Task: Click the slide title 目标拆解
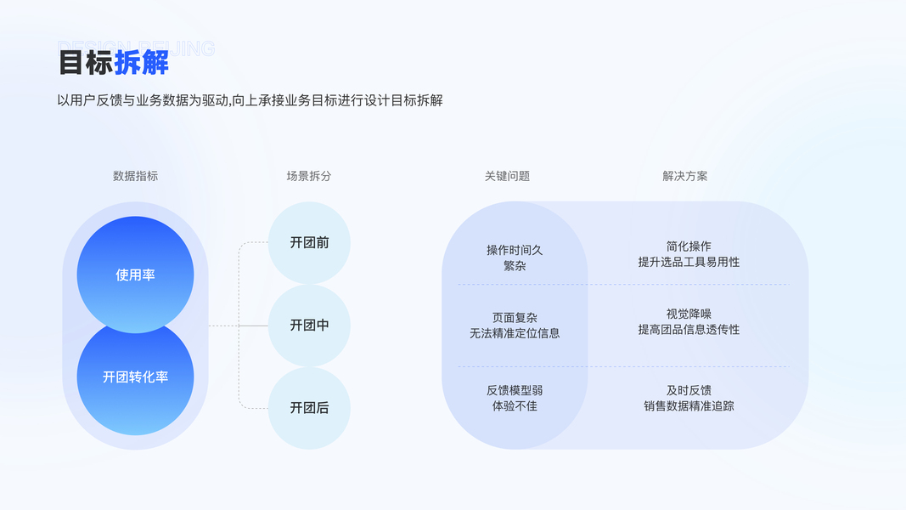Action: (113, 62)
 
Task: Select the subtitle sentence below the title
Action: (250, 100)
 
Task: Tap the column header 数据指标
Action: (135, 176)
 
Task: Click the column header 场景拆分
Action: (309, 176)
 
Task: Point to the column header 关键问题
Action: (507, 176)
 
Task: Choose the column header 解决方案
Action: (684, 176)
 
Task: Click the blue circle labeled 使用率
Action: (135, 274)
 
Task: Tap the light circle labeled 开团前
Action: (309, 242)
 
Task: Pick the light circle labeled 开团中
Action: (309, 325)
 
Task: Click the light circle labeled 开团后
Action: (309, 408)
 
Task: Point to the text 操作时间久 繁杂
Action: (515, 258)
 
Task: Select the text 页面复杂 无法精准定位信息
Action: (515, 325)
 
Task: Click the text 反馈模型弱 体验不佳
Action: (515, 398)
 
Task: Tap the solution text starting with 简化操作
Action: (689, 254)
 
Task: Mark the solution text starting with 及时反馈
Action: (689, 398)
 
